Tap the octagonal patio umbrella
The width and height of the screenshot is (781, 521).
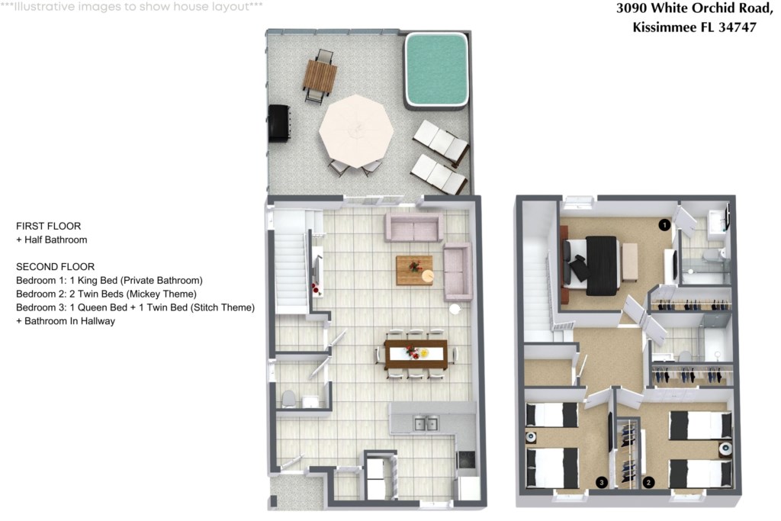point(356,131)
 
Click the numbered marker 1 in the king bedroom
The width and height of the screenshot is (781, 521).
point(664,225)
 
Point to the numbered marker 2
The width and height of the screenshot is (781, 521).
point(648,482)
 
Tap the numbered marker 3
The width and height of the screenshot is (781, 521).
point(603,482)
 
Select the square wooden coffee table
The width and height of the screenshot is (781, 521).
point(414,271)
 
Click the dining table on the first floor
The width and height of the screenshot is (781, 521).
point(416,354)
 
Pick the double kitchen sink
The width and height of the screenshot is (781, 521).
point(426,424)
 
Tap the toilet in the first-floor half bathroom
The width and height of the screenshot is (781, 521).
point(288,399)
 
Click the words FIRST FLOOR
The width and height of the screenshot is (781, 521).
point(48,226)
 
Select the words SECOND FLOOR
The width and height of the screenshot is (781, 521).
point(55,267)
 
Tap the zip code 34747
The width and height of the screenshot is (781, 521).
point(738,27)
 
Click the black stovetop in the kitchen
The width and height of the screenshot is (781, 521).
point(467,459)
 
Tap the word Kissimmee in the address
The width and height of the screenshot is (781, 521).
point(664,27)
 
